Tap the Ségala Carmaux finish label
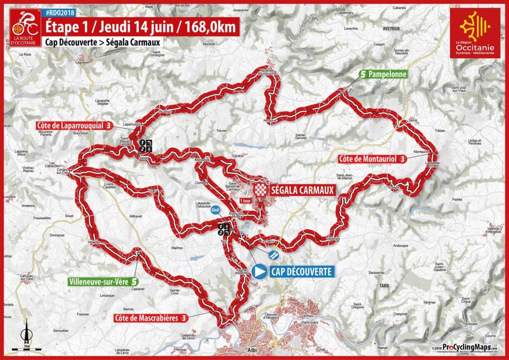301,189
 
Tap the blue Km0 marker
215,209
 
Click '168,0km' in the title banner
212,27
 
